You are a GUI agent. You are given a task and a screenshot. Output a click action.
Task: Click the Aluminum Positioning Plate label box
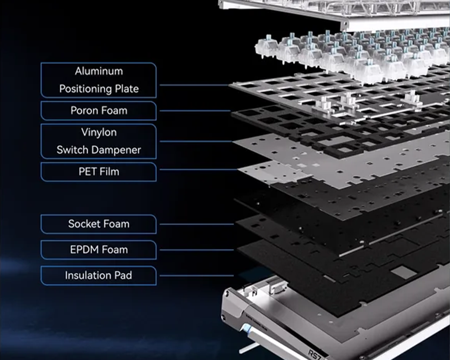99,80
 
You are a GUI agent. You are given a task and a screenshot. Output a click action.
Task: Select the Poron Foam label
99,111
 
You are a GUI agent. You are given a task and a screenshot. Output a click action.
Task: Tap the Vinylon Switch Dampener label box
99,141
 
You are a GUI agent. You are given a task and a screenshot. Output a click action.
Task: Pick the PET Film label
99,171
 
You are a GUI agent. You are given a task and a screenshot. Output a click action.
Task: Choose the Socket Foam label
99,224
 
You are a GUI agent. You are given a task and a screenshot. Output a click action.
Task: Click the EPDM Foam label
99,250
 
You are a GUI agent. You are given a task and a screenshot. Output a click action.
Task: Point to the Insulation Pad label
99,275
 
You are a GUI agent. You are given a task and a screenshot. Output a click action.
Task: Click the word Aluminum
99,71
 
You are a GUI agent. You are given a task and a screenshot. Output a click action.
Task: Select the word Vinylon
99,132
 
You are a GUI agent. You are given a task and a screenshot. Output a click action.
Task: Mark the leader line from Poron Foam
195,111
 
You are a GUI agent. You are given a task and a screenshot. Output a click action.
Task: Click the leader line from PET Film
198,169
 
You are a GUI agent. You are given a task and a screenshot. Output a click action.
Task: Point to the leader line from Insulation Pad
197,275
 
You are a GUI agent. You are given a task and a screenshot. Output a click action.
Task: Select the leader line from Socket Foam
197,224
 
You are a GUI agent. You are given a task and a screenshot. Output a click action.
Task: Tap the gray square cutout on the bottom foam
404,272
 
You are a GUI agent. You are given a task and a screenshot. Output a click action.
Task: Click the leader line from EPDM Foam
197,250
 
